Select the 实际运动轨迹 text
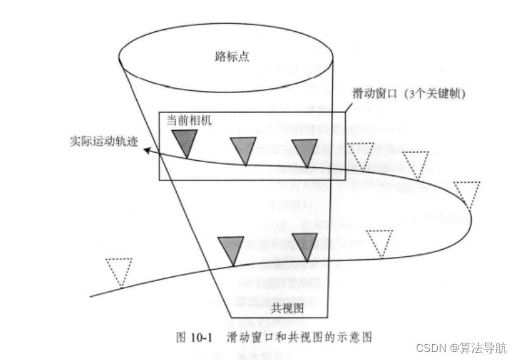click(x=104, y=141)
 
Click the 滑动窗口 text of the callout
click(x=373, y=94)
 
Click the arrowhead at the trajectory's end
click(x=151, y=151)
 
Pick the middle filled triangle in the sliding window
click(x=243, y=149)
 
